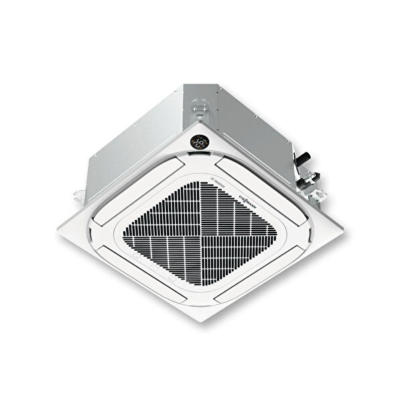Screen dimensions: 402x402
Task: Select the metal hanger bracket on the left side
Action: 78,194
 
